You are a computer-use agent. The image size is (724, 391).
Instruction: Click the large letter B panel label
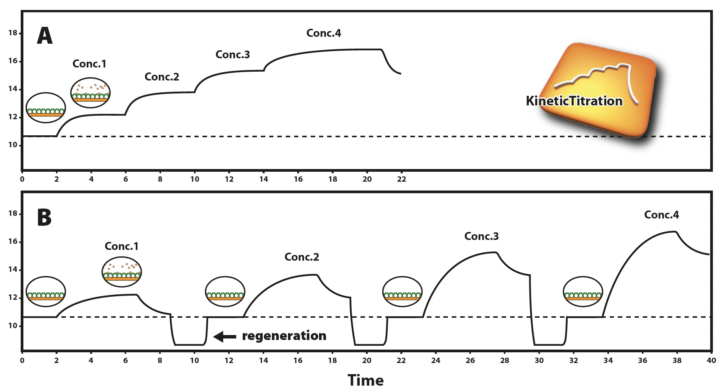[44, 217]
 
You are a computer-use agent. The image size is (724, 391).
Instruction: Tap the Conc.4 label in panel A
[324, 33]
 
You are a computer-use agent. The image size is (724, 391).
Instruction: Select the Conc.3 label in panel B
[481, 236]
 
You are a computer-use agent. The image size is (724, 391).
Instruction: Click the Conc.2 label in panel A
[162, 77]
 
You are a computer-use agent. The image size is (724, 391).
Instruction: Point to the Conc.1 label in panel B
[122, 246]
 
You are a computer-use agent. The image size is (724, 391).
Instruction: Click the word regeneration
[284, 336]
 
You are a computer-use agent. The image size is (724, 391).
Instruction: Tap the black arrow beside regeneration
[225, 337]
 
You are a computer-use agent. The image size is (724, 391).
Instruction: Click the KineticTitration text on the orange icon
[574, 101]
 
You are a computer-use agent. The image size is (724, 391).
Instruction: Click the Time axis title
[365, 380]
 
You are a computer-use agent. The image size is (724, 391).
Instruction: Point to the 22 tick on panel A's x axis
[401, 179]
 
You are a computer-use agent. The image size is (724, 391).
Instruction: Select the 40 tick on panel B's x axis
[711, 360]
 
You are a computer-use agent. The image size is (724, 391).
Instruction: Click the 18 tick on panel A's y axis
[13, 33]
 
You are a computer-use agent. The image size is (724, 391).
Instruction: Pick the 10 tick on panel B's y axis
[13, 326]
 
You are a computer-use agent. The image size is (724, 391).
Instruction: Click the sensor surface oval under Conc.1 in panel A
[90, 92]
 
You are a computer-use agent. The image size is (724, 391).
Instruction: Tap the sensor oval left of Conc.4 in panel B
[582, 292]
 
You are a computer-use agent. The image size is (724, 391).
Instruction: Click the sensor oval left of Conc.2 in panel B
[225, 292]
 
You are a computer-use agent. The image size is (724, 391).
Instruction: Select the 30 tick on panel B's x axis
[539, 360]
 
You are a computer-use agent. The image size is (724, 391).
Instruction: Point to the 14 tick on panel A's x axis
[263, 179]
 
